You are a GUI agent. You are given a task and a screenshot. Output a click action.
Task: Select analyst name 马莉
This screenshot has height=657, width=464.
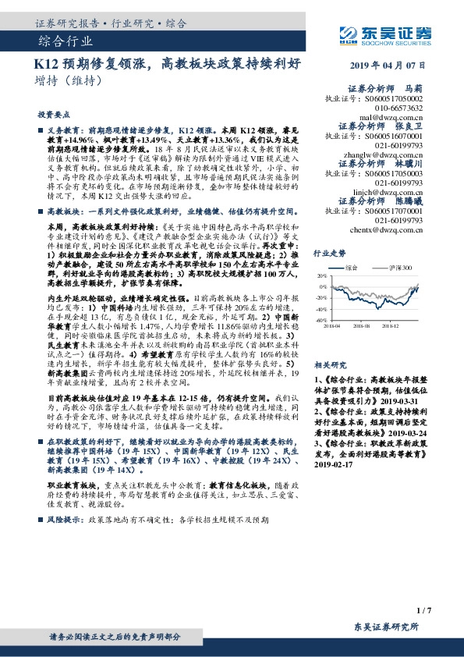click(421, 90)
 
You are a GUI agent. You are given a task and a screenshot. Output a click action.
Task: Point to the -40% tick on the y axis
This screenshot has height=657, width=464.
click(321, 320)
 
